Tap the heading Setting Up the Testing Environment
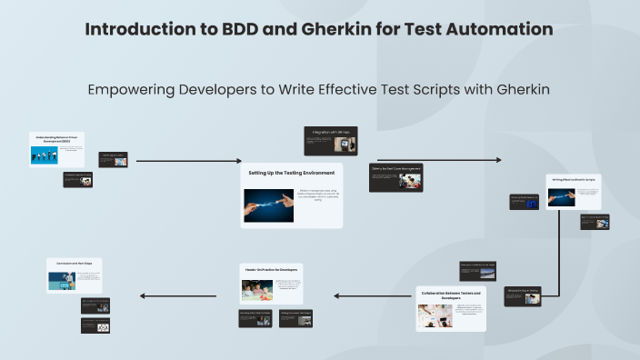pos(292,173)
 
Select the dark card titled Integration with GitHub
pos(330,139)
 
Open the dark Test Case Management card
pos(395,177)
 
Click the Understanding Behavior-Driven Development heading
pos(56,139)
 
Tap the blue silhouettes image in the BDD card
pos(44,155)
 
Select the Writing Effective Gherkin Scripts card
pos(573,193)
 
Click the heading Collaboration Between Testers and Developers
pos(452,295)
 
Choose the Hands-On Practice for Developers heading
pos(270,269)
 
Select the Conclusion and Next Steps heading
pos(74,263)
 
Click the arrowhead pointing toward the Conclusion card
pos(143,295)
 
